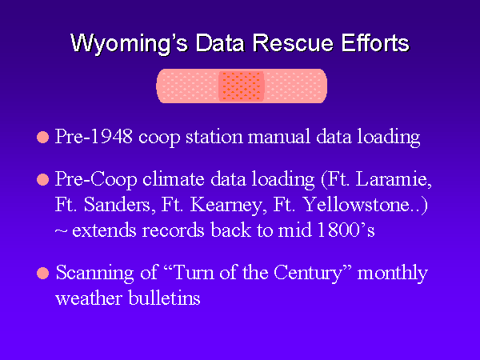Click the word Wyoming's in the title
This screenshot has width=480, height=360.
click(x=129, y=43)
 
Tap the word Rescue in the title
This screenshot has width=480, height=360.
click(x=293, y=42)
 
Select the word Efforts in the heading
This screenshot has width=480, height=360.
click(x=375, y=42)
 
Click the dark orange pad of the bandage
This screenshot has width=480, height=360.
click(x=242, y=86)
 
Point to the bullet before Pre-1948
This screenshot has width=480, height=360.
click(x=43, y=137)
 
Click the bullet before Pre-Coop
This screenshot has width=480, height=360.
click(x=43, y=180)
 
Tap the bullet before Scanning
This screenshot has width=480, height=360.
click(x=43, y=273)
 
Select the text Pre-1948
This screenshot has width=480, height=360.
click(x=94, y=136)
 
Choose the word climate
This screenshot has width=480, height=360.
click(x=174, y=179)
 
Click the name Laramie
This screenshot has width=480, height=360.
click(x=394, y=179)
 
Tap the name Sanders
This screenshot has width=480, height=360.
click(x=118, y=205)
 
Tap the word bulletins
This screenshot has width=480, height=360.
click(x=164, y=298)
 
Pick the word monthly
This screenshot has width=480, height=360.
click(x=393, y=274)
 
